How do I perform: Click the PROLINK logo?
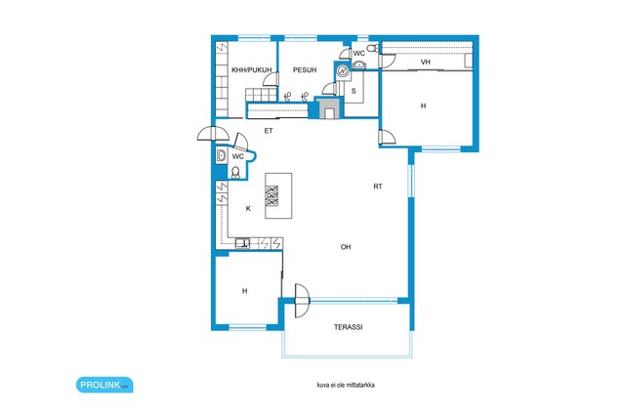[104, 385]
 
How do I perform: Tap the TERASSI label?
[348, 327]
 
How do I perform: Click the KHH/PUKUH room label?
[252, 69]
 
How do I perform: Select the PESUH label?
[305, 69]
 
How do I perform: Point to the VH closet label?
[426, 62]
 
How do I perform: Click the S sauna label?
[354, 91]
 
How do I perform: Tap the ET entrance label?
[269, 130]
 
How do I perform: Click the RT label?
[378, 187]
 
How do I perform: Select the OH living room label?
[346, 247]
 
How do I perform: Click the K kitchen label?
[248, 208]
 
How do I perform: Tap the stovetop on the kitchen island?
[272, 195]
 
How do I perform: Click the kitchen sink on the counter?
[242, 243]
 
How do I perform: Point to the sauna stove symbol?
[342, 71]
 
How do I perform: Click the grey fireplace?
[329, 108]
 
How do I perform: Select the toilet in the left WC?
[235, 172]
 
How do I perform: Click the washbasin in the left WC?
[221, 155]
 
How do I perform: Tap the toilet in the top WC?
[373, 48]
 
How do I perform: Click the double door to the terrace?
[302, 300]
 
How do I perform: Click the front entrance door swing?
[213, 134]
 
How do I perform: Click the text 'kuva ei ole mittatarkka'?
[346, 385]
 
